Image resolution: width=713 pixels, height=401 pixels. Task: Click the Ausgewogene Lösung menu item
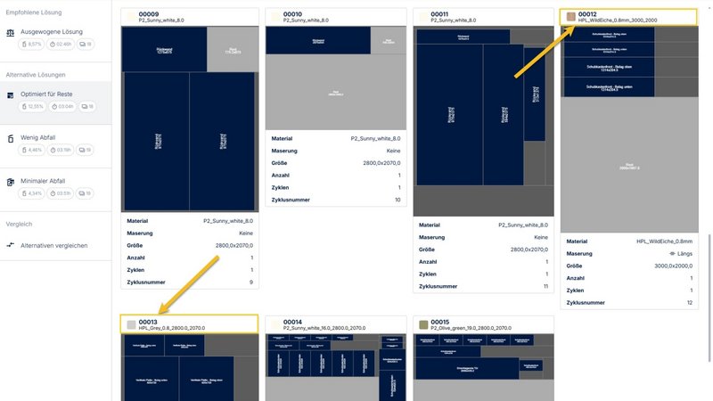coord(51,31)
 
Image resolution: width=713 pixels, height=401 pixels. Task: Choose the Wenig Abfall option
coord(37,137)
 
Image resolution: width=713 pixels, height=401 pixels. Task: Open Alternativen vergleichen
coord(53,245)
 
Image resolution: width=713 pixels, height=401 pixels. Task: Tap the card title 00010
coord(292,14)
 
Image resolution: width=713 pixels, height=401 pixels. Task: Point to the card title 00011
coord(439,14)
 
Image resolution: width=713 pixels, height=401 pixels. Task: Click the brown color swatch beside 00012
coord(570,17)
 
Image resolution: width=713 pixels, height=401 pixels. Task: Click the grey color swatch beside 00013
coord(131,324)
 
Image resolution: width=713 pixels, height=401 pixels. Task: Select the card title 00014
coord(292,322)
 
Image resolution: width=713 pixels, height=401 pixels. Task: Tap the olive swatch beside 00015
coord(422,324)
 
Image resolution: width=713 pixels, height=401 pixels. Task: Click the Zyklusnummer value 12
coord(688,303)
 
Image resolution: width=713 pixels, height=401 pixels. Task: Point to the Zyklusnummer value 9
coord(251,282)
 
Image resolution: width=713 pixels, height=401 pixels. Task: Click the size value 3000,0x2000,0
coord(674,266)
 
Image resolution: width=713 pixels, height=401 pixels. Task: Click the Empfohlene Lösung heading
coord(35,12)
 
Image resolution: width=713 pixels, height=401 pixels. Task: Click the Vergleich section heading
coord(19,225)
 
